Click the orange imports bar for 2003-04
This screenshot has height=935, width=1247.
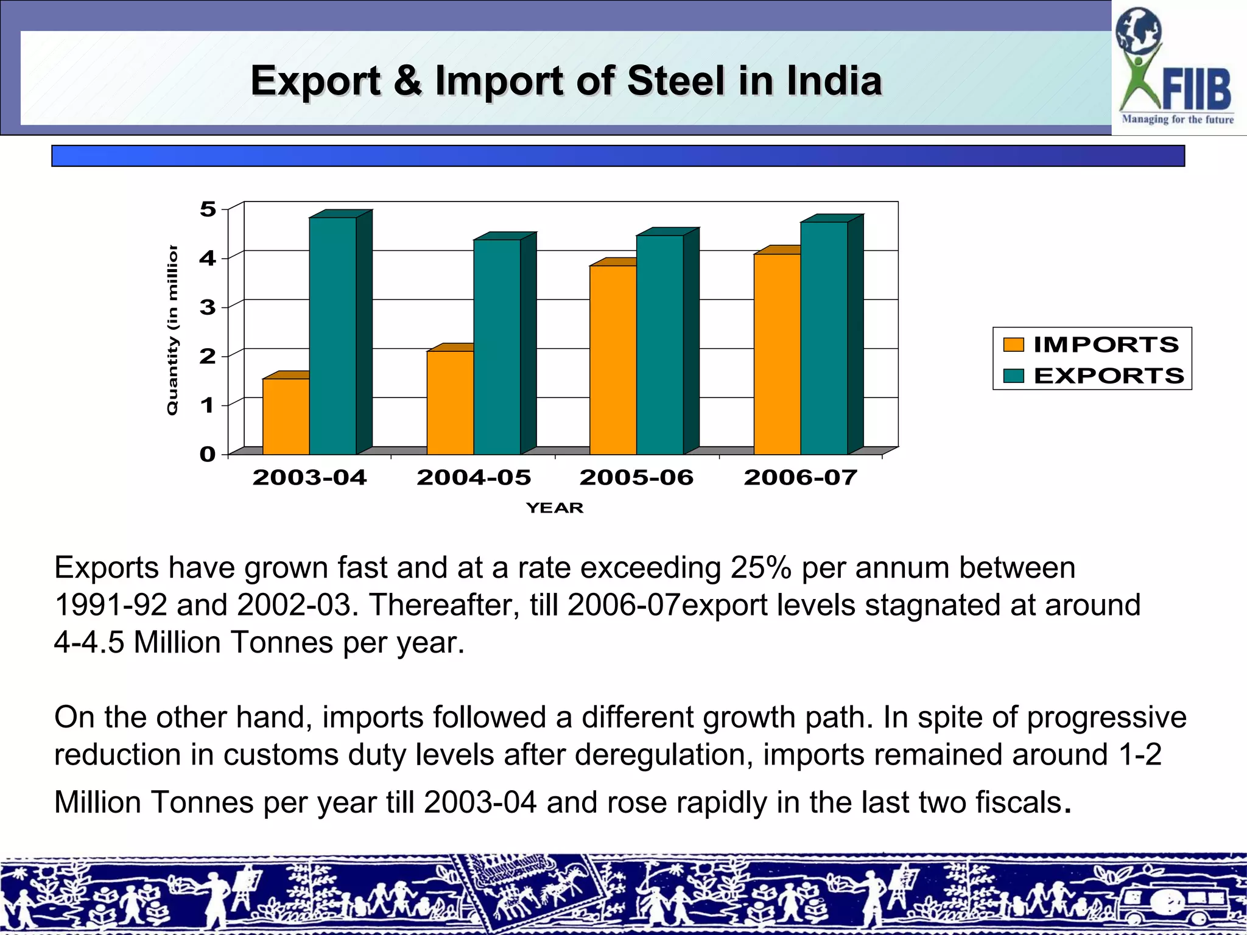tap(286, 416)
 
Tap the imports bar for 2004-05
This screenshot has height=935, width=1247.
tap(450, 402)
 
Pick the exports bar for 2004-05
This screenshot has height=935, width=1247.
tap(497, 347)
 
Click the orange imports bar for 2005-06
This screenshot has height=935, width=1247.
tap(613, 360)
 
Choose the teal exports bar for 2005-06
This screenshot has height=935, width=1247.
tap(660, 345)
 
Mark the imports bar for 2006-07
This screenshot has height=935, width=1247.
tap(777, 354)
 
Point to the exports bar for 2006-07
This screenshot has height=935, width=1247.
tap(824, 338)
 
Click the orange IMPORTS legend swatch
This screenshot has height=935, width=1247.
tap(1014, 345)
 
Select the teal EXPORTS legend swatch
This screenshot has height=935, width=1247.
tap(1014, 376)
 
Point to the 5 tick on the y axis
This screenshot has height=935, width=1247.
tap(208, 209)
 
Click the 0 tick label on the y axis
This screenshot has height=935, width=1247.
tap(208, 454)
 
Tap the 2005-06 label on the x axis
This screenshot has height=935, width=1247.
tap(636, 477)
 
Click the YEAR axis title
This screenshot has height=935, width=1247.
tap(555, 508)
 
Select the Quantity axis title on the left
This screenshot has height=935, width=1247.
tap(173, 330)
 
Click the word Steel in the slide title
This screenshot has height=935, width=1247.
tap(676, 81)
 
